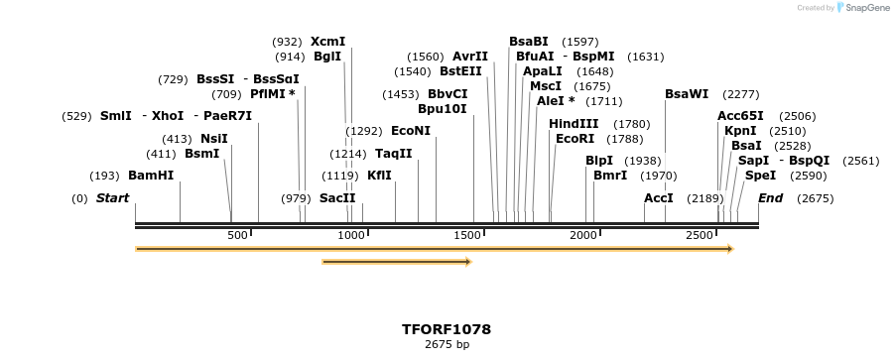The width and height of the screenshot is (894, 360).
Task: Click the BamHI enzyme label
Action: pyautogui.click(x=151, y=176)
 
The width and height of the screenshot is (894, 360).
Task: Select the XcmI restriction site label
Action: pyautogui.click(x=327, y=42)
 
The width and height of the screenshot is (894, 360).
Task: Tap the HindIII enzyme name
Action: pyautogui.click(x=574, y=124)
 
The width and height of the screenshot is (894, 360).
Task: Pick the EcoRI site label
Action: pyautogui.click(x=575, y=139)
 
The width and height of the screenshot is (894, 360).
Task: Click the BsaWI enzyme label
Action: pyautogui.click(x=687, y=94)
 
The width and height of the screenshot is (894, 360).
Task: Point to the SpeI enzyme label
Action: pyautogui.click(x=760, y=176)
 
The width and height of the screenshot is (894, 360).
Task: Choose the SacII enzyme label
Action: pyautogui.click(x=337, y=198)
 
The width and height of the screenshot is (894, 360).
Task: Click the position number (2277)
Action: pyautogui.click(x=741, y=94)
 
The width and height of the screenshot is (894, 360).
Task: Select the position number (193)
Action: pyautogui.click(x=104, y=176)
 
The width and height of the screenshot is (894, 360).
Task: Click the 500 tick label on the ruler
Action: pyautogui.click(x=237, y=235)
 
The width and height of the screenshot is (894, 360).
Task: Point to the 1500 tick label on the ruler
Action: pyautogui.click(x=466, y=235)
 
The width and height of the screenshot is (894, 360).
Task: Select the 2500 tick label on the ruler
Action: pyautogui.click(x=700, y=235)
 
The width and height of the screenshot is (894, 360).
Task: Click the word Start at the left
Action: pyautogui.click(x=112, y=198)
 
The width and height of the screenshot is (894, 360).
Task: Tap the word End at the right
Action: pyautogui.click(x=770, y=198)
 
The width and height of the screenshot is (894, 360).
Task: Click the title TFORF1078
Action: pyautogui.click(x=447, y=329)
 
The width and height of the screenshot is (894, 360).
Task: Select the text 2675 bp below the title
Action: pyautogui.click(x=447, y=345)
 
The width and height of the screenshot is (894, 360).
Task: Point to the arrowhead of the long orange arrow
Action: pyautogui.click(x=730, y=249)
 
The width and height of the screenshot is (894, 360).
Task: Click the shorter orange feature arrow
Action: pyautogui.click(x=396, y=262)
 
